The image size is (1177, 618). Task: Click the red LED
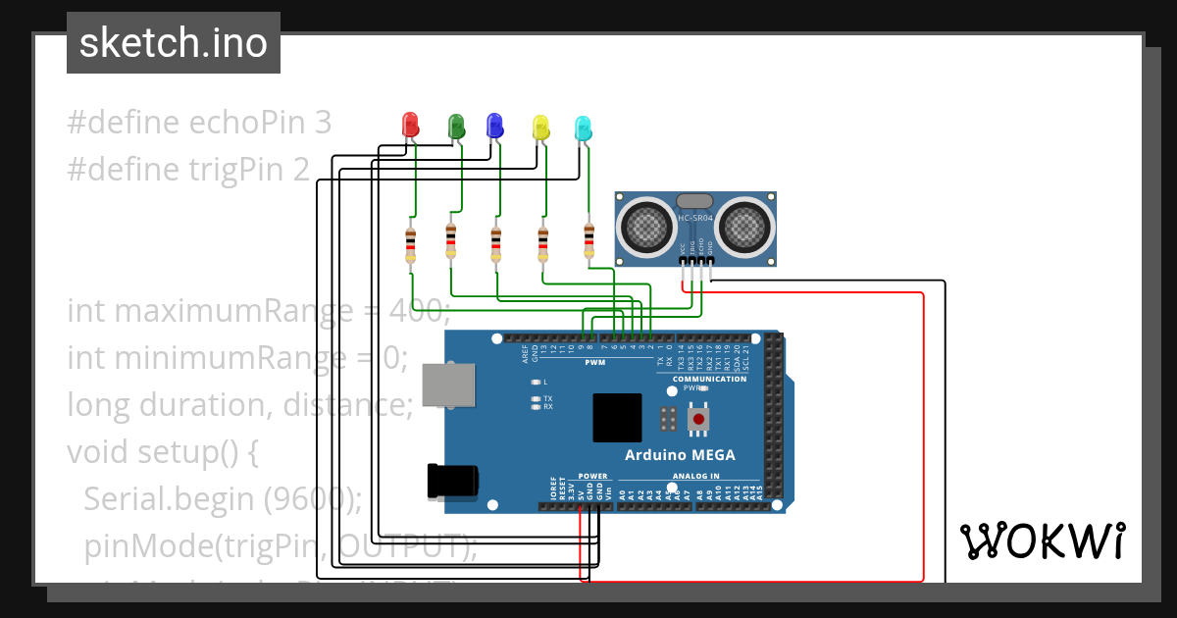pyautogui.click(x=410, y=125)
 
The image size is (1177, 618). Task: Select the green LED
pyautogui.click(x=455, y=125)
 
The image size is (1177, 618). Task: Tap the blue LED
pyautogui.click(x=495, y=125)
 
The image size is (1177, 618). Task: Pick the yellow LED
pyautogui.click(x=540, y=127)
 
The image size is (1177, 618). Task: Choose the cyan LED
pyautogui.click(x=583, y=127)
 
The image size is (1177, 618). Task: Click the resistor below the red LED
pyautogui.click(x=410, y=244)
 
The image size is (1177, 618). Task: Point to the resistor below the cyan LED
pyautogui.click(x=588, y=240)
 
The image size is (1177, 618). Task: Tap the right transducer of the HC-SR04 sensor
pyautogui.click(x=744, y=225)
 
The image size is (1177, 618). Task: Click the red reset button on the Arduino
pyautogui.click(x=698, y=420)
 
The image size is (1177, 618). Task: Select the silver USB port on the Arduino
pyautogui.click(x=448, y=385)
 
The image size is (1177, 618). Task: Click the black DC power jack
pyautogui.click(x=452, y=481)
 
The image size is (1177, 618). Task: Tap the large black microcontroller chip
pyautogui.click(x=617, y=418)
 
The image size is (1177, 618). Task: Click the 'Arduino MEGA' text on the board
pyautogui.click(x=680, y=455)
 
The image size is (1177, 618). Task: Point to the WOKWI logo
pyautogui.click(x=1042, y=541)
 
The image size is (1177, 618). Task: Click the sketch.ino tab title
pyautogui.click(x=174, y=43)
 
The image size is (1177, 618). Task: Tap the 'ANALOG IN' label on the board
pyautogui.click(x=694, y=477)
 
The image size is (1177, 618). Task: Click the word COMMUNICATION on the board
pyautogui.click(x=709, y=379)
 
